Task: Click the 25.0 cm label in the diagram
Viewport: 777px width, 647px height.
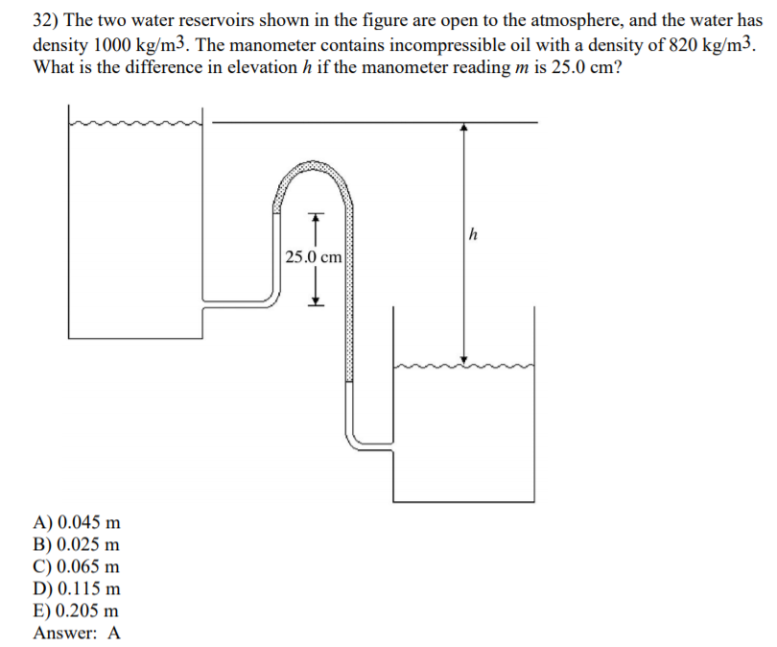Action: coord(313,257)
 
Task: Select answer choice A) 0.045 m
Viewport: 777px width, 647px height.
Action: coord(77,523)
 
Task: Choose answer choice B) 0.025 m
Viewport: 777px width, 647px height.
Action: coord(77,545)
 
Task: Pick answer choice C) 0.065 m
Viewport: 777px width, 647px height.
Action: coord(77,567)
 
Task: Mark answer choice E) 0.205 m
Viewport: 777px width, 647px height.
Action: coord(77,611)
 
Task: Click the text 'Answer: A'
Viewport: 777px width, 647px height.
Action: coord(77,633)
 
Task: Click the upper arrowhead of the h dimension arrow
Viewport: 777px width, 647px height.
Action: coord(464,127)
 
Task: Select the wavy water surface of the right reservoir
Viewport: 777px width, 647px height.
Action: coord(464,365)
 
